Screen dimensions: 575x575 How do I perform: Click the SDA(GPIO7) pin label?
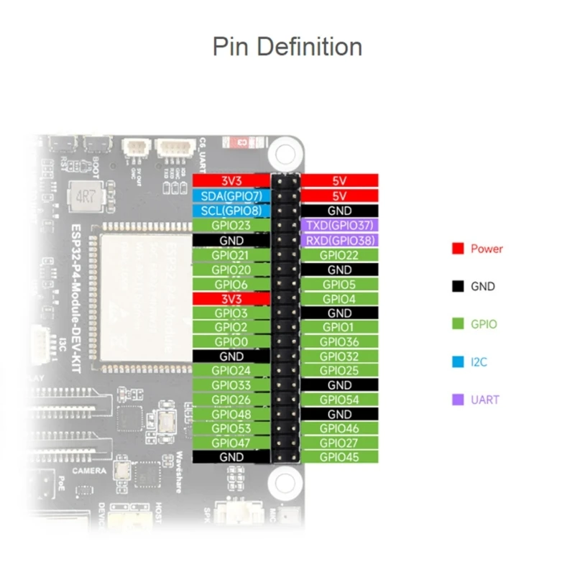click(x=231, y=196)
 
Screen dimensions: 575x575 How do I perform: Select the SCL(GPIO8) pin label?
click(x=231, y=211)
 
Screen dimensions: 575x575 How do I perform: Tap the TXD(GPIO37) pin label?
click(x=339, y=226)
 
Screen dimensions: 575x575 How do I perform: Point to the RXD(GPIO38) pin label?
click(x=339, y=240)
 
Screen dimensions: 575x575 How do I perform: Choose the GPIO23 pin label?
click(x=231, y=226)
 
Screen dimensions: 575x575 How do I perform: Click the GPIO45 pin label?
click(x=339, y=456)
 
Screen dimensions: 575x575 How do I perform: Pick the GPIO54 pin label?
click(x=339, y=399)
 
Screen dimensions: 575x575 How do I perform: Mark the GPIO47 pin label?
click(x=231, y=443)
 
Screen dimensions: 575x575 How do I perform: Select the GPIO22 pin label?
click(x=339, y=254)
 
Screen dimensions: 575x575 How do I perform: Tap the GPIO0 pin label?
click(x=231, y=342)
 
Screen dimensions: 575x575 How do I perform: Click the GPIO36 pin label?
click(x=339, y=342)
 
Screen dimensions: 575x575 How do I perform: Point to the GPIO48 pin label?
click(x=231, y=414)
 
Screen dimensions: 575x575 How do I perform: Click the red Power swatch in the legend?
click(x=457, y=249)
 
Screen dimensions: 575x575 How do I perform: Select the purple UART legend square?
click(x=457, y=400)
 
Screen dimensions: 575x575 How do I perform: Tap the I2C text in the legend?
click(x=479, y=362)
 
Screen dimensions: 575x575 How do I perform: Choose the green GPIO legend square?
click(x=457, y=324)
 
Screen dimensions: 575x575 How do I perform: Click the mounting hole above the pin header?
click(x=285, y=152)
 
